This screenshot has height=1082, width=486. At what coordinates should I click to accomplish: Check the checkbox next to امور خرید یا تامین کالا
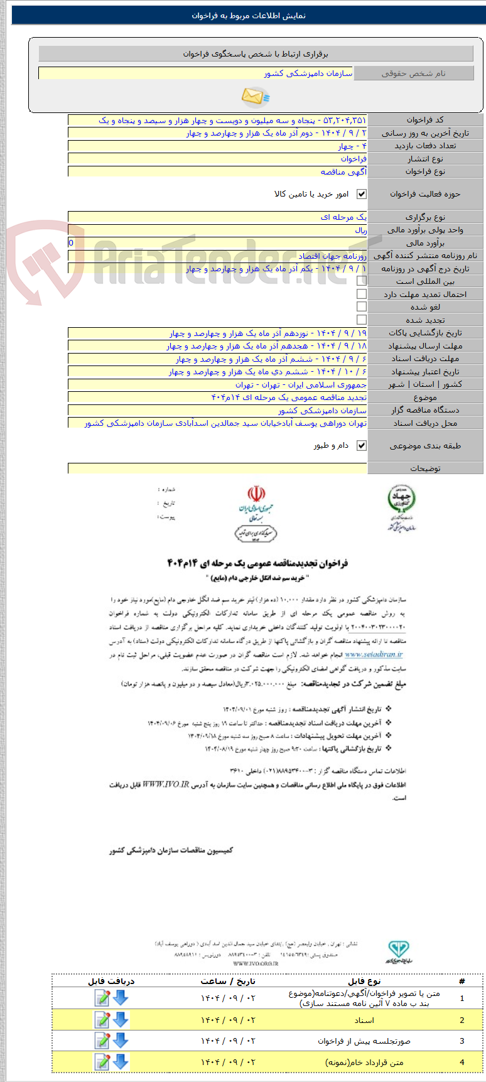point(362,194)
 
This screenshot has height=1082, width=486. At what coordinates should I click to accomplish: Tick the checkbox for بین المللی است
point(362,281)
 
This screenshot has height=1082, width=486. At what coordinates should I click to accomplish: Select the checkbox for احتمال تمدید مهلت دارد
point(362,294)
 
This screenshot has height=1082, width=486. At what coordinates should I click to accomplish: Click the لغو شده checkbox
point(362,306)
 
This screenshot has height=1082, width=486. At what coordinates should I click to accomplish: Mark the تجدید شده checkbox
point(362,320)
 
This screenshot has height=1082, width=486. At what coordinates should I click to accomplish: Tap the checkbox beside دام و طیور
point(362,445)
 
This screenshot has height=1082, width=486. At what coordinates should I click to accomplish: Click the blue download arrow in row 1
point(120,998)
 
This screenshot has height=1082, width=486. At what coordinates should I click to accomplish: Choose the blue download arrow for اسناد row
point(120,1020)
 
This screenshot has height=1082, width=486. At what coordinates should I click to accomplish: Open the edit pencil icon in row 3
point(102,1041)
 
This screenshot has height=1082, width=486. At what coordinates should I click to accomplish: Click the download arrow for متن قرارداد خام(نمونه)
point(120,1062)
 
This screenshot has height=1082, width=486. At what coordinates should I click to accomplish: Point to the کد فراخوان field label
point(424,120)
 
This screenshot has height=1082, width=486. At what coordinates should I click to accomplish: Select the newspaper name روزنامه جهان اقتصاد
point(332,256)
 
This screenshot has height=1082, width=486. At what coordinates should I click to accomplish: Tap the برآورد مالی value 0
point(71,243)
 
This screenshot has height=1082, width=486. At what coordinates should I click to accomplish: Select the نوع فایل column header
point(364,981)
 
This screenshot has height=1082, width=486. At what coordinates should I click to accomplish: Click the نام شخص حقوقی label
point(413,73)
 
